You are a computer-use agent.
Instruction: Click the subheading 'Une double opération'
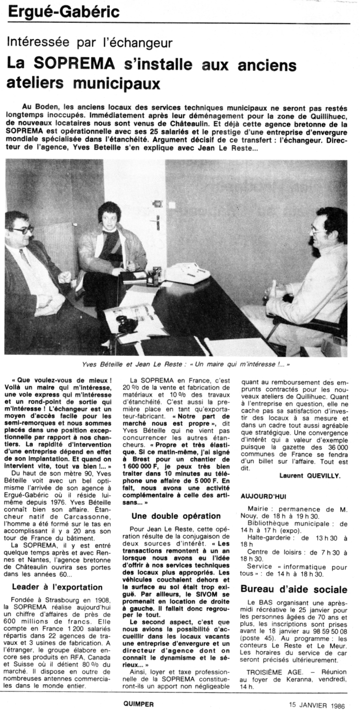(x=176, y=515)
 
